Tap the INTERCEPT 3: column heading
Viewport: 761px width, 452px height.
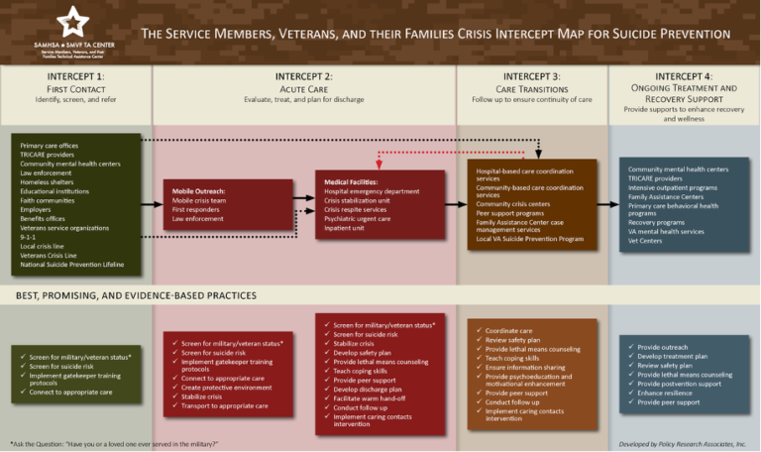pyautogui.click(x=531, y=76)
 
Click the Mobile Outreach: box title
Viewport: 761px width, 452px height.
pyautogui.click(x=199, y=190)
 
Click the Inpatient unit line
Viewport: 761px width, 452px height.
pyautogui.click(x=345, y=227)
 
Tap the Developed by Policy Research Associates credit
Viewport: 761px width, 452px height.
pyautogui.click(x=682, y=443)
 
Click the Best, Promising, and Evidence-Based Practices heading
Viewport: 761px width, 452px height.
pyautogui.click(x=136, y=295)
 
